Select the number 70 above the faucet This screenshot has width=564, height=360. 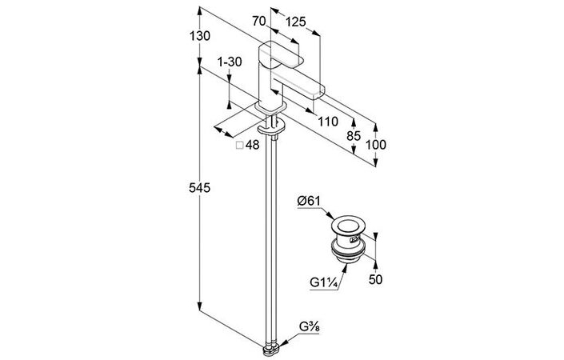coord(258,22)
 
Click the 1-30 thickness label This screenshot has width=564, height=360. coord(230,62)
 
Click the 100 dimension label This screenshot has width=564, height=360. coord(376,145)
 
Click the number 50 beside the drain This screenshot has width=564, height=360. coord(374,279)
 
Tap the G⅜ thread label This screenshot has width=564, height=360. coord(311,326)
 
